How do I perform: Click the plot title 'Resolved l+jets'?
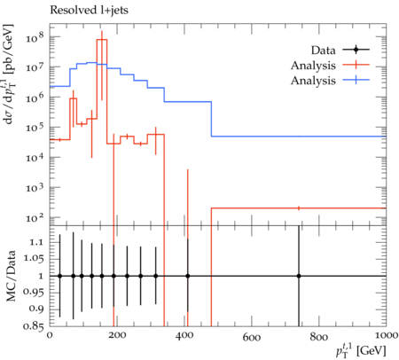(x=89, y=11)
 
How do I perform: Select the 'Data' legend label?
(x=323, y=51)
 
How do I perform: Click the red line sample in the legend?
(x=356, y=65)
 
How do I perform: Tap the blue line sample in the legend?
(x=356, y=80)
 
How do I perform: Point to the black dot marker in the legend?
(x=356, y=50)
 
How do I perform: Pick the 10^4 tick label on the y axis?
(x=35, y=157)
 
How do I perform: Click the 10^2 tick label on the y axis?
(x=35, y=217)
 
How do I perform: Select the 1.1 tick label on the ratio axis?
(x=36, y=242)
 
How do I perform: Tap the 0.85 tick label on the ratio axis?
(x=34, y=326)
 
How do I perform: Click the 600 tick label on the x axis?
(x=252, y=337)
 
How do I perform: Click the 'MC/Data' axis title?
(x=12, y=276)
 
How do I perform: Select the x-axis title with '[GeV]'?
(x=361, y=351)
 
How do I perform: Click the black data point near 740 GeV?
(x=299, y=276)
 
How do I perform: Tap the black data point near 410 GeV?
(x=188, y=276)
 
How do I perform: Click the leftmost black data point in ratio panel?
(x=60, y=276)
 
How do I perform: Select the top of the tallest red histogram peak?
(x=102, y=39)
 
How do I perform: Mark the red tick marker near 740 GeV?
(x=299, y=208)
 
